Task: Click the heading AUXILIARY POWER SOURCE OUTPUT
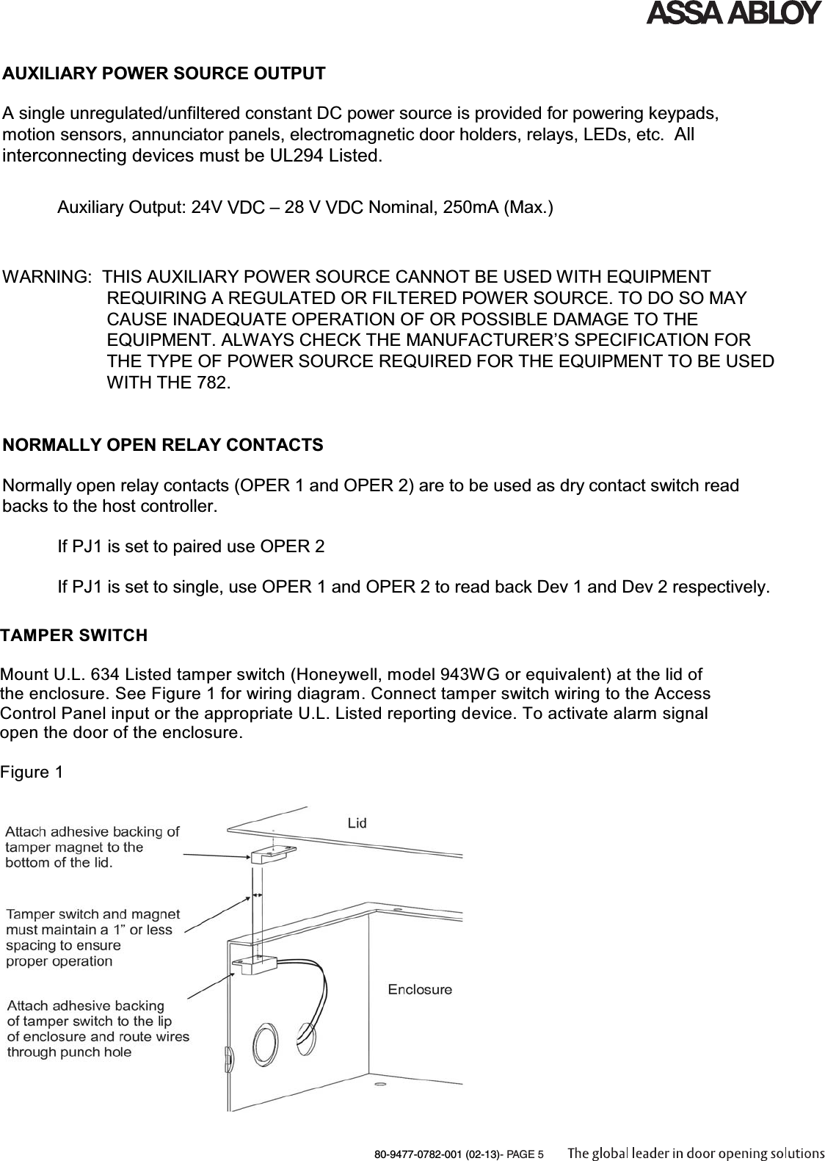coord(164,74)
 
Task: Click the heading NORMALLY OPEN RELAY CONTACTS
coord(163,445)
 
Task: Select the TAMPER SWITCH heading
coord(73,635)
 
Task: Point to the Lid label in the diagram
coord(357,823)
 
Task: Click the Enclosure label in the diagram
coord(420,989)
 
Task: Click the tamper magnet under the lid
coord(272,856)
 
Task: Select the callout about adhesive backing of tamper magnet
coord(92,847)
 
